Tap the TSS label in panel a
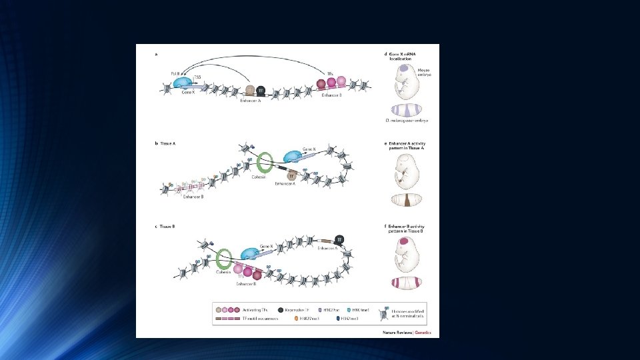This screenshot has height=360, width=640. tap(197, 78)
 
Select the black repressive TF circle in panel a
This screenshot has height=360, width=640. tap(261, 89)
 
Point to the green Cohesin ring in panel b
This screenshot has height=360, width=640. tap(265, 164)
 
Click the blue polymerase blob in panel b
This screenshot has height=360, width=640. tap(293, 156)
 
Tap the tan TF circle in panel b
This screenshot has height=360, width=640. tap(291, 175)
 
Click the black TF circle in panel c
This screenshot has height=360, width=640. tap(339, 239)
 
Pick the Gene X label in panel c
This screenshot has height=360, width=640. tap(267, 247)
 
